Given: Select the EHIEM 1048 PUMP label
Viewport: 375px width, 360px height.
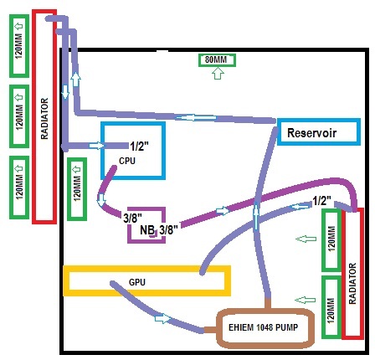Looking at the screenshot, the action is [x=263, y=327].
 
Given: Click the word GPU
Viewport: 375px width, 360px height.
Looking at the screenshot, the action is [x=137, y=282].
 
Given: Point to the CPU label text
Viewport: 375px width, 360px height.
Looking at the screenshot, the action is [x=127, y=161].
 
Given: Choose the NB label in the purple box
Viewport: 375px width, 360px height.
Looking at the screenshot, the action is [x=147, y=230].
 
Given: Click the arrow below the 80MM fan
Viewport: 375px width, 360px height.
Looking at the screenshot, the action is [x=218, y=74].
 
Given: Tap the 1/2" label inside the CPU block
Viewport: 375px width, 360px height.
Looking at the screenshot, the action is [x=139, y=146].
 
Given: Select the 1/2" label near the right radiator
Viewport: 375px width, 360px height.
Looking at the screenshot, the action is [x=321, y=200].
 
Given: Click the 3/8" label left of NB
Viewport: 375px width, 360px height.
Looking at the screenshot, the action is [x=133, y=218].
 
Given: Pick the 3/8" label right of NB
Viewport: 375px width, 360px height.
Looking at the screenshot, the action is [x=168, y=230].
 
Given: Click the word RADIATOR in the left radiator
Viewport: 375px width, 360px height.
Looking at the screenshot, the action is [x=44, y=119].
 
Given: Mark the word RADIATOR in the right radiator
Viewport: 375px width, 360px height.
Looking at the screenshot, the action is [x=352, y=283].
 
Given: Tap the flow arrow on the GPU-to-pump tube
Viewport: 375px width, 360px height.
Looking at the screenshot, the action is [x=162, y=318].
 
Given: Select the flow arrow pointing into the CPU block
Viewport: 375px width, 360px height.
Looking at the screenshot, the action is [x=96, y=146].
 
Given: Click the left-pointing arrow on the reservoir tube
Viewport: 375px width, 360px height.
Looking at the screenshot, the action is [x=196, y=117].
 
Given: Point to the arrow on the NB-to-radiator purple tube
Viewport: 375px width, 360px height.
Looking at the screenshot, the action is [x=223, y=210].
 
